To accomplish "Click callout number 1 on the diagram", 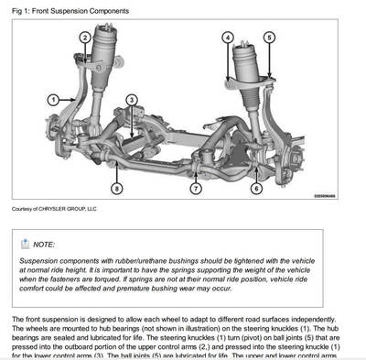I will pos(53,99).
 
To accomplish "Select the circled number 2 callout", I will pos(84,38).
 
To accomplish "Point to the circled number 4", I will pos(227,38).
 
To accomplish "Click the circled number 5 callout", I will pos(268,38).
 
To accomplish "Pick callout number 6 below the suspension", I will pos(256,188).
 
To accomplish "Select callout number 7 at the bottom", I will pos(196,188).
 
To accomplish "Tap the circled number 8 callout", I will pos(116,188).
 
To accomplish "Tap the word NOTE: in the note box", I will pos(43,245).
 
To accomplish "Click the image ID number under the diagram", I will pos(326,195).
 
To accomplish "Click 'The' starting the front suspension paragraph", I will pos(18,320).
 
